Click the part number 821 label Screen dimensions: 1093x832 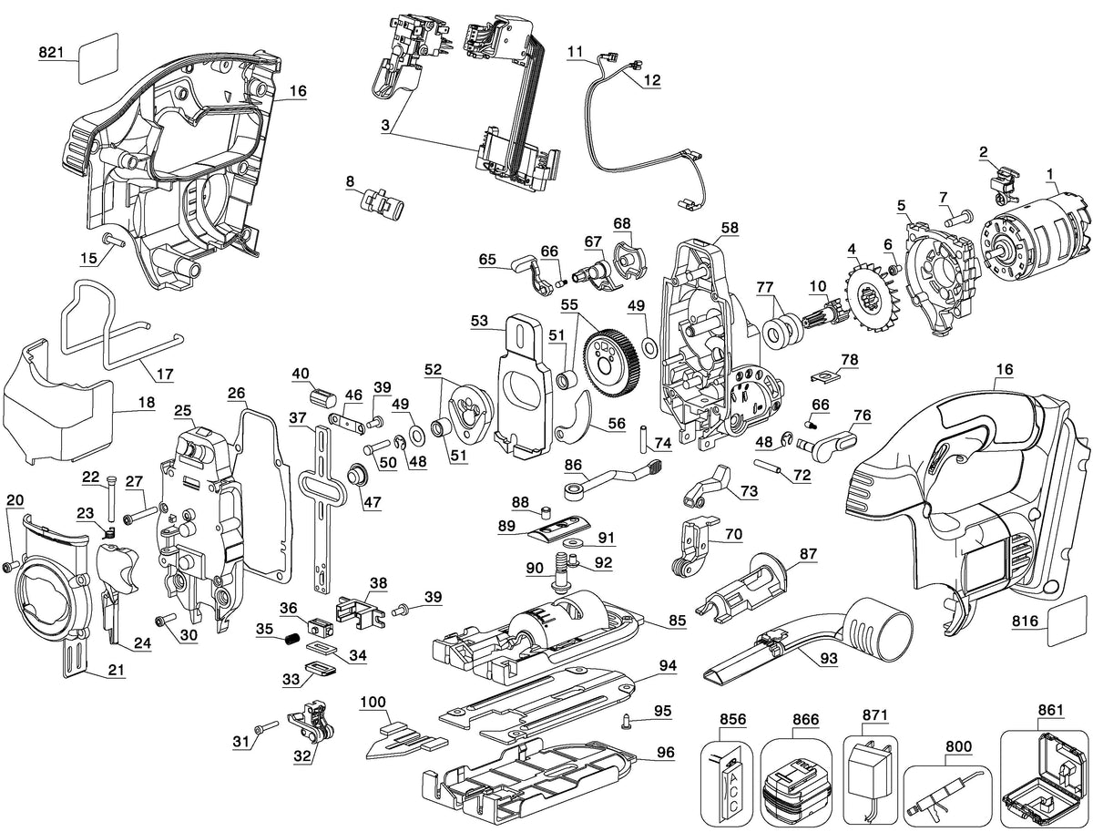(x=51, y=52)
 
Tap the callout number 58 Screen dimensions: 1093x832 (x=730, y=228)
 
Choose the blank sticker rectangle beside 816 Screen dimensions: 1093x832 (x=1069, y=620)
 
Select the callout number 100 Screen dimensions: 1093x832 (x=373, y=703)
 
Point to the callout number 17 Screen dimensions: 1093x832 (x=165, y=374)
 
